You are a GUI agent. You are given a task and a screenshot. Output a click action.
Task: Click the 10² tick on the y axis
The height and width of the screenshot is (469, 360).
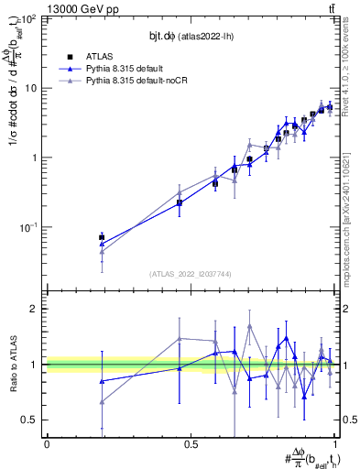[29, 19]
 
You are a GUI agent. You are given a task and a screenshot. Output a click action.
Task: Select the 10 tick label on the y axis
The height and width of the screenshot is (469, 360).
[31, 88]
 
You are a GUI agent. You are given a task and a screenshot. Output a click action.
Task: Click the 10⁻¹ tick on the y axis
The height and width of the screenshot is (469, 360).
[29, 226]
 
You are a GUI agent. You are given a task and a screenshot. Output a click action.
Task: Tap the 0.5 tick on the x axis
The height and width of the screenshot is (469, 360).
[191, 444]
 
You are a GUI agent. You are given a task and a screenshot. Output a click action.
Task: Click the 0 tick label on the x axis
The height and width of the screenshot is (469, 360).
[47, 444]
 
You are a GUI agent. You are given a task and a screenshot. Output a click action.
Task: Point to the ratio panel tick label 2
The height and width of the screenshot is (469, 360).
[34, 309]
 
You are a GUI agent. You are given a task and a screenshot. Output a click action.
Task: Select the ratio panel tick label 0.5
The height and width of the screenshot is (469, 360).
[30, 420]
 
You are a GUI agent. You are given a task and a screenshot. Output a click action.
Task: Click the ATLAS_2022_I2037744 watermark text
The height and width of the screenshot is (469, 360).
[191, 274]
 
